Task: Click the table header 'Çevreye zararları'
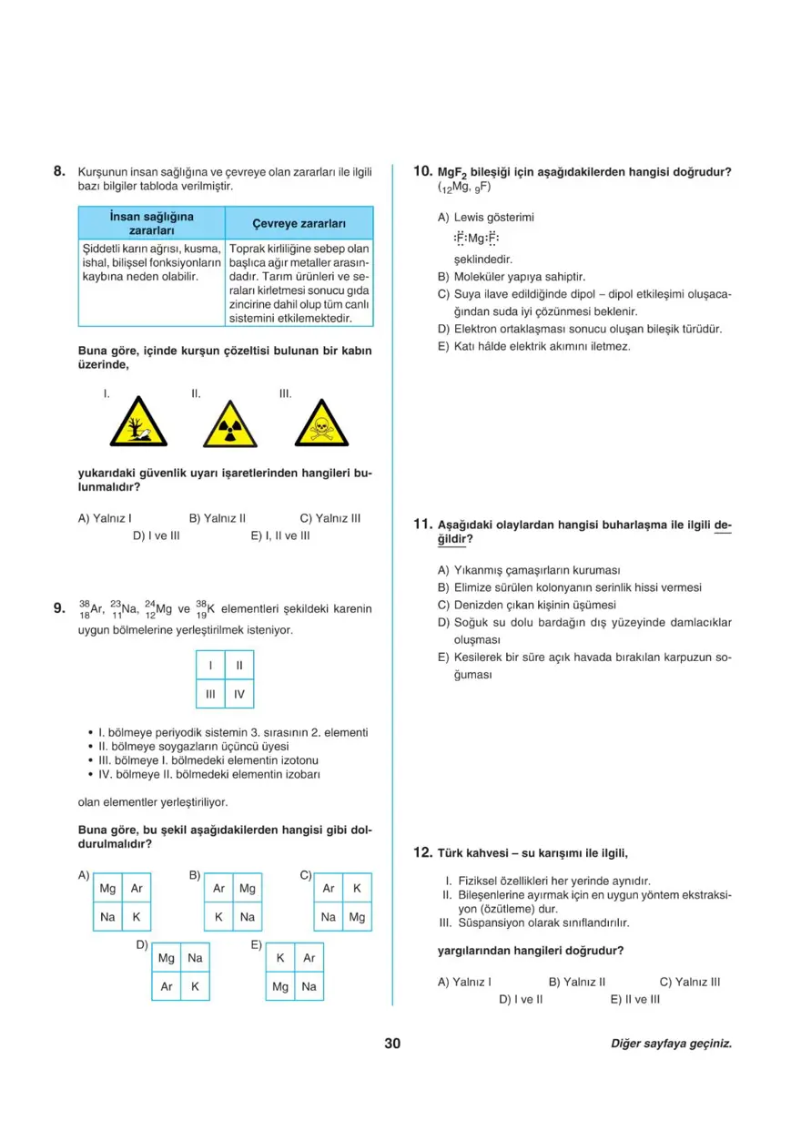[299, 223]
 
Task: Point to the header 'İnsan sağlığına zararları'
[151, 223]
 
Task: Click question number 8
[59, 171]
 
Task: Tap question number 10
[422, 171]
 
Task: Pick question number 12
[422, 852]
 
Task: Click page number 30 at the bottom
[392, 1044]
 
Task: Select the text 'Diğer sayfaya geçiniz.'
[672, 1044]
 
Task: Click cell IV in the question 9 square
[239, 694]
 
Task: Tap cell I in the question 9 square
[210, 666]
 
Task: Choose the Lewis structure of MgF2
[476, 239]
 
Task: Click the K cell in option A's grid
[137, 917]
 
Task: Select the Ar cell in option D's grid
[167, 986]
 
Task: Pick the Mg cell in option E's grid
[280, 986]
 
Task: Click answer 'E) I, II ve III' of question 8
[280, 535]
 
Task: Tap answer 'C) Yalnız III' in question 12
[690, 982]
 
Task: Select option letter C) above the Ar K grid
[306, 875]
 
